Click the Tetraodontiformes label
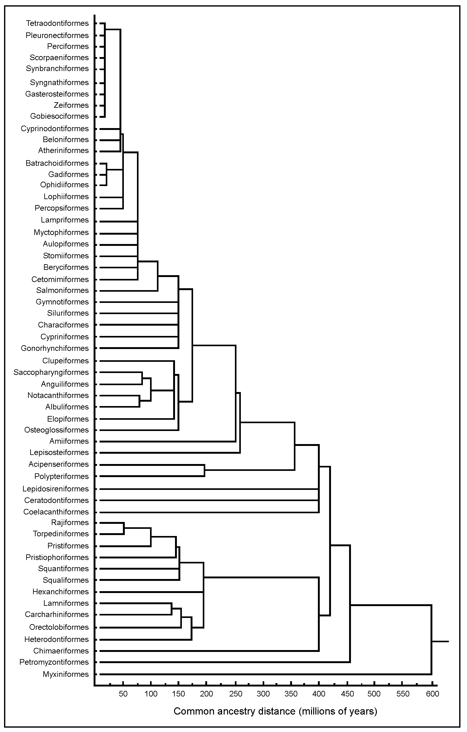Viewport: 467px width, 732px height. click(57, 23)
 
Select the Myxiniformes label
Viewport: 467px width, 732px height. click(66, 674)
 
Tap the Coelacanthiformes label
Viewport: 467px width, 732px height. click(56, 512)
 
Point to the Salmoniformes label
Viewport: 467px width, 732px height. click(62, 290)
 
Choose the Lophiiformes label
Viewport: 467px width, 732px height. click(66, 197)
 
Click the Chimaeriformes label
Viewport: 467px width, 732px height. click(61, 651)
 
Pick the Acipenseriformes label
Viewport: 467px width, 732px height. click(59, 464)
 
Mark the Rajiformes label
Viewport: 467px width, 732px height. click(70, 522)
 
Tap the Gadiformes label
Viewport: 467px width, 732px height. click(69, 174)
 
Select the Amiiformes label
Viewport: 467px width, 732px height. click(69, 441)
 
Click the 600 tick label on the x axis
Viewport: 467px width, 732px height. click(432, 694)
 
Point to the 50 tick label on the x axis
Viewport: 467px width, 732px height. click(123, 694)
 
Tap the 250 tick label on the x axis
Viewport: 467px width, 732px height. click(236, 694)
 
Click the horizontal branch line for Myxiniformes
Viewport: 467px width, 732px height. click(265, 674)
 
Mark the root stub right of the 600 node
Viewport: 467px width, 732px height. click(440, 641)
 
